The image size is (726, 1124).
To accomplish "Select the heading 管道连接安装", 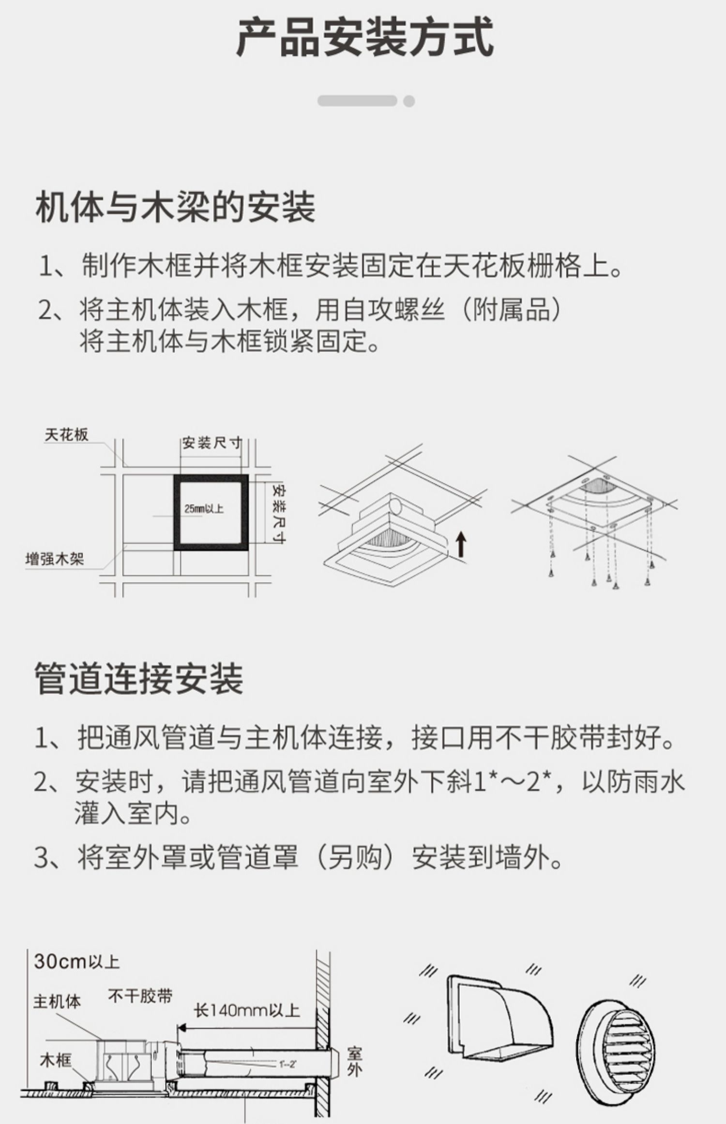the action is click(x=139, y=679).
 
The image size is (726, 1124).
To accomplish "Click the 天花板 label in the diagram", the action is click(x=67, y=435).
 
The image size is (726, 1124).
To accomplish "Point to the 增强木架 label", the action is click(x=55, y=559).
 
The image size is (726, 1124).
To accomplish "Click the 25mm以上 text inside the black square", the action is click(x=204, y=508).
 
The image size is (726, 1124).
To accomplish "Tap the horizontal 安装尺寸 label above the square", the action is click(x=212, y=442).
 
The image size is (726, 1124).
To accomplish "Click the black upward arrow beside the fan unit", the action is click(x=461, y=544).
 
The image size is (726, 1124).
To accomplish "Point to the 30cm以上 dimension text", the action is click(x=77, y=961).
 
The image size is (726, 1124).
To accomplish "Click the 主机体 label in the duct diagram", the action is click(x=57, y=1001).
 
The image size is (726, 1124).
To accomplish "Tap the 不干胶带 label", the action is click(x=140, y=996).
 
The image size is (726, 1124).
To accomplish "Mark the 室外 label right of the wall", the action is click(x=354, y=1062).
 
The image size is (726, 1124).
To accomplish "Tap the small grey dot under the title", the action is click(x=409, y=101).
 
